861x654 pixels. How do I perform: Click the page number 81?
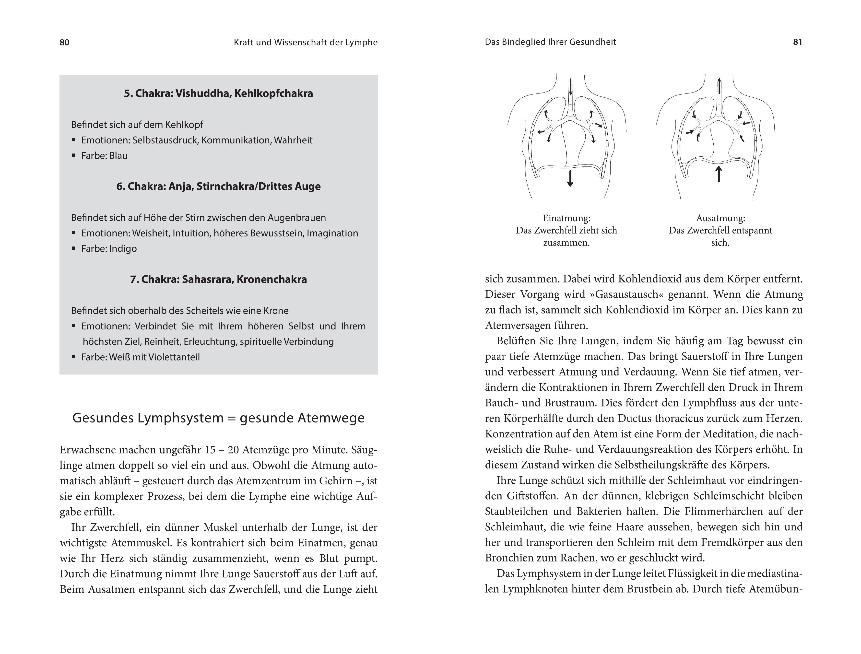pyautogui.click(x=798, y=42)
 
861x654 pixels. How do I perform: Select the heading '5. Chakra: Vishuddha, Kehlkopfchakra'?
pyautogui.click(x=218, y=93)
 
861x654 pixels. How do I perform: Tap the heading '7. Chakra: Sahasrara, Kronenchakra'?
pyautogui.click(x=218, y=280)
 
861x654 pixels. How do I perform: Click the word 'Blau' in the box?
pyautogui.click(x=118, y=156)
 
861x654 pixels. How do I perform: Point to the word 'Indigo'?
pyautogui.click(x=123, y=249)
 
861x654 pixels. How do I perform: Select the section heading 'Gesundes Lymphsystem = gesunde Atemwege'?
pyautogui.click(x=218, y=418)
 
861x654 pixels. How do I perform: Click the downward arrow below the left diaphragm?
pyautogui.click(x=570, y=178)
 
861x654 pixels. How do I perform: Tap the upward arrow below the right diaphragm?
pyautogui.click(x=719, y=174)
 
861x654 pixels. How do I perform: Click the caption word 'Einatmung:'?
pyautogui.click(x=566, y=218)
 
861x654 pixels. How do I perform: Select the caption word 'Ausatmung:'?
pyautogui.click(x=720, y=218)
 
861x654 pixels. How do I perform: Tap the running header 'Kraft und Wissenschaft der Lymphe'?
pyautogui.click(x=306, y=42)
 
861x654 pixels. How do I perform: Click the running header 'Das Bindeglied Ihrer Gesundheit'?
pyautogui.click(x=550, y=42)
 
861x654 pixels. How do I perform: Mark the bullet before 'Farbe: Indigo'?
pyautogui.click(x=74, y=248)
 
